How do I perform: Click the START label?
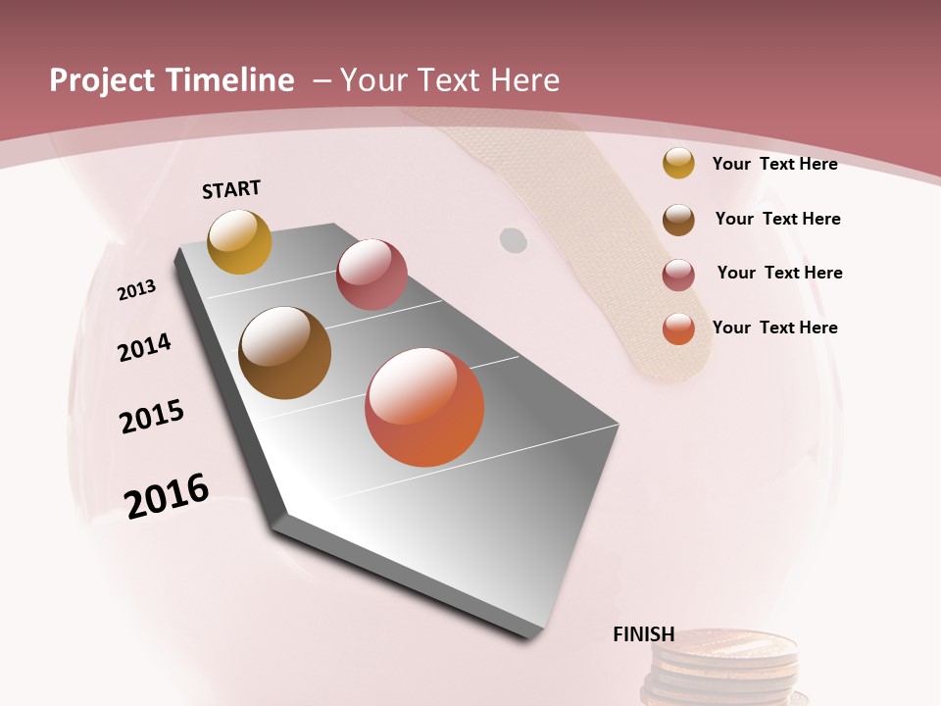click(x=231, y=189)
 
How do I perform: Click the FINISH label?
click(x=643, y=634)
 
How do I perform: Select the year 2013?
click(x=136, y=290)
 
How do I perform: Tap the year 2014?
click(x=144, y=347)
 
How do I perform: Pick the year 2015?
click(x=152, y=417)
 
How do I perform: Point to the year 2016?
click(x=167, y=496)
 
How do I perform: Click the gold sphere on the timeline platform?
click(x=239, y=241)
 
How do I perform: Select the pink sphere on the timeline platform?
click(x=371, y=275)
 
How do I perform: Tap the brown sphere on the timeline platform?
click(x=284, y=353)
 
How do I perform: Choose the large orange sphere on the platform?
click(x=424, y=407)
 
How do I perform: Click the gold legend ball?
click(x=678, y=163)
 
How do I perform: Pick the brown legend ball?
click(x=678, y=219)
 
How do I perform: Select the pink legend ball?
click(x=678, y=275)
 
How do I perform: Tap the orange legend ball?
click(x=678, y=328)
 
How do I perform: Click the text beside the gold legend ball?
click(x=774, y=164)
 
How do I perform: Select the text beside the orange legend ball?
click(x=774, y=328)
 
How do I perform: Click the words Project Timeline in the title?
click(x=172, y=80)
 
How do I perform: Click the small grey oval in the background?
click(x=513, y=239)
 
